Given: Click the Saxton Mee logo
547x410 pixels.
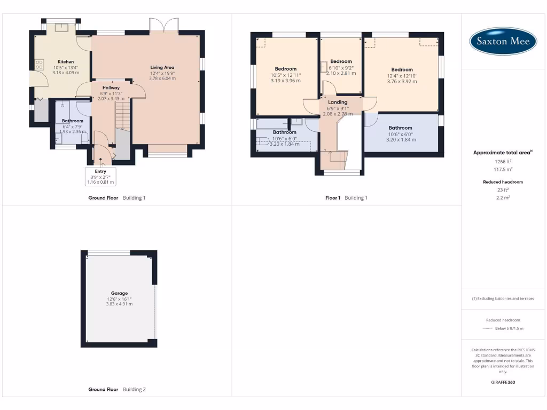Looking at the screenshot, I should (503, 41).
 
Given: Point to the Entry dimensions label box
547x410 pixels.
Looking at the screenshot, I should (100, 177).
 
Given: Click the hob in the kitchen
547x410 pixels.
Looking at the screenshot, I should (40, 65).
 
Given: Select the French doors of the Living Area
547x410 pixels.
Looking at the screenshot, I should (164, 25).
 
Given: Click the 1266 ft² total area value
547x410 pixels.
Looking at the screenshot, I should (503, 161).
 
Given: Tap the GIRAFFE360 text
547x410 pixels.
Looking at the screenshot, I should (503, 382).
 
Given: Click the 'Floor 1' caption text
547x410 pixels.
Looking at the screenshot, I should (333, 198).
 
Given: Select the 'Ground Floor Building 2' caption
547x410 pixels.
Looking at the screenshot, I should (116, 390).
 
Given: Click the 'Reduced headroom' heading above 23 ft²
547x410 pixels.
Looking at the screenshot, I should (503, 182).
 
